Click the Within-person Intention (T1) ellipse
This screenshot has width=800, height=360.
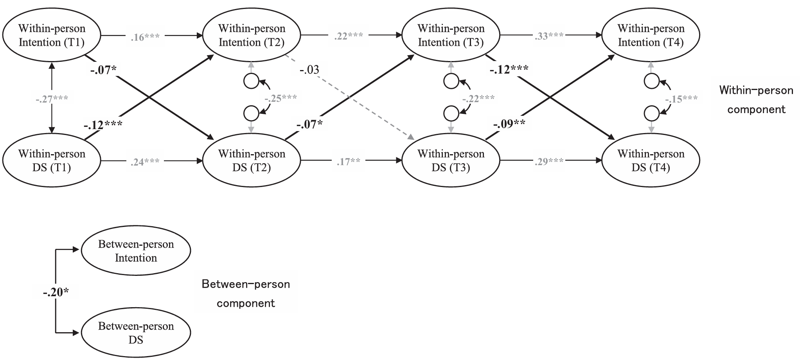[52, 35]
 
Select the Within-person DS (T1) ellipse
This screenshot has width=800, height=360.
[52, 160]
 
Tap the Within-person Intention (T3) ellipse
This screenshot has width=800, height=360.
[451, 35]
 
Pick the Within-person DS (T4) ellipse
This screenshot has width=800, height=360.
[651, 160]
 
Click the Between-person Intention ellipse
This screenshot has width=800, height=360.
[136, 251]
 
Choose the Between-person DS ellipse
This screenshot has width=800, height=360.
[136, 333]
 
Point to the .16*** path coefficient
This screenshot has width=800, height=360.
[145, 37]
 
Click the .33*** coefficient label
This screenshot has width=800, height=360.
[549, 36]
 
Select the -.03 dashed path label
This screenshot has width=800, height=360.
[309, 70]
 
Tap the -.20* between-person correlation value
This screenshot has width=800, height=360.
[56, 292]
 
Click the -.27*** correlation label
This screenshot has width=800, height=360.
[52, 99]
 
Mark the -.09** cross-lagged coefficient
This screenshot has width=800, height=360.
[509, 124]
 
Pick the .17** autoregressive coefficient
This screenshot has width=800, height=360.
[348, 162]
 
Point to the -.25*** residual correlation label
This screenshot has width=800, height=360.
[280, 98]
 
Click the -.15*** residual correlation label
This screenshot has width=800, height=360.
[681, 99]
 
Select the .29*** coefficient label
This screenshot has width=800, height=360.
[549, 162]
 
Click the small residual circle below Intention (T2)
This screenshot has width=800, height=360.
[251, 82]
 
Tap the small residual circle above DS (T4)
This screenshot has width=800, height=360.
[651, 113]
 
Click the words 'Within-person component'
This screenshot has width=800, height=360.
[756, 100]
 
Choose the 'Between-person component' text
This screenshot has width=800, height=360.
[246, 293]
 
